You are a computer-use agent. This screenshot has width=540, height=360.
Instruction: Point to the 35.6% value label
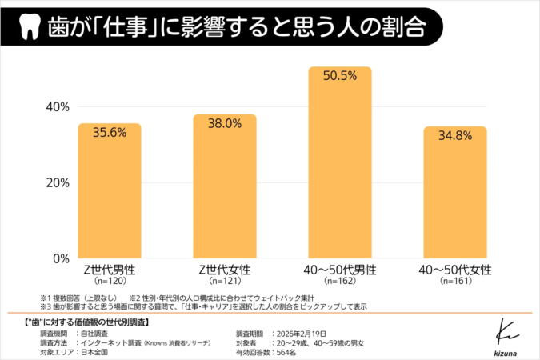pyautogui.click(x=110, y=134)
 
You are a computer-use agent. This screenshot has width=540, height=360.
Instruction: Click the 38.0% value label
pyautogui.click(x=225, y=124)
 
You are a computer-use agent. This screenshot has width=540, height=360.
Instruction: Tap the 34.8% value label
pyautogui.click(x=455, y=137)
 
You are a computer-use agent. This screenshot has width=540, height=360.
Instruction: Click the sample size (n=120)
pyautogui.click(x=109, y=282)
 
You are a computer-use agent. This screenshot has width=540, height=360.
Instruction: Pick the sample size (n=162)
pyautogui.click(x=340, y=282)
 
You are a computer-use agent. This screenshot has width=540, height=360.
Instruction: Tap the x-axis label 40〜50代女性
pyautogui.click(x=455, y=270)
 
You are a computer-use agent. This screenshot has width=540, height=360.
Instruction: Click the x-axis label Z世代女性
pyautogui.click(x=225, y=270)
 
